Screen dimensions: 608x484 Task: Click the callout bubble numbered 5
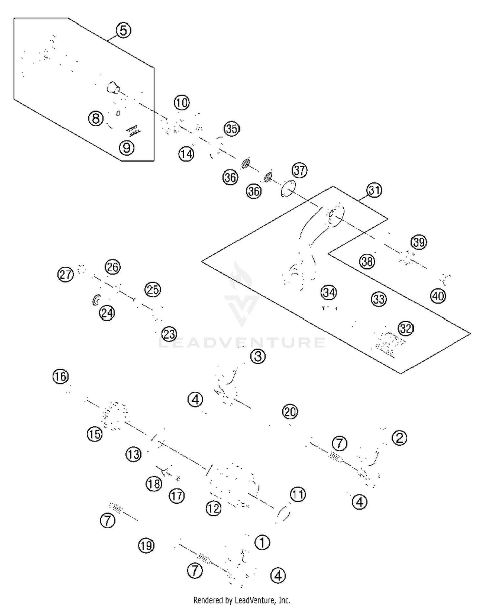click(123, 31)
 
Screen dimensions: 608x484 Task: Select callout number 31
click(374, 190)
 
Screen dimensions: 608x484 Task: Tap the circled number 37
click(299, 170)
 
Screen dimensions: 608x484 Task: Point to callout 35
click(232, 129)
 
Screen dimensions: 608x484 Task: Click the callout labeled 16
click(60, 376)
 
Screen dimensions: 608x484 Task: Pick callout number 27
click(66, 275)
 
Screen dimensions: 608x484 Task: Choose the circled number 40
click(438, 296)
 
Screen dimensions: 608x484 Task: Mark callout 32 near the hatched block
click(406, 329)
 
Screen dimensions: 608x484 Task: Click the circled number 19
click(146, 546)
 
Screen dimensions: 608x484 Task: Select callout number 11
click(298, 494)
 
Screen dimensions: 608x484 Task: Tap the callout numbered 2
click(399, 438)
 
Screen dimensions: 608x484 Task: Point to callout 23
click(169, 334)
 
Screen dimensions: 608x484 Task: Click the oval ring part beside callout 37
click(288, 188)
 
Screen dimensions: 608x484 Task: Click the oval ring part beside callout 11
click(283, 513)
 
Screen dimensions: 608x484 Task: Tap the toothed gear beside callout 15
click(115, 416)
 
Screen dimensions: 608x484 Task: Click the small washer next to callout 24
click(96, 300)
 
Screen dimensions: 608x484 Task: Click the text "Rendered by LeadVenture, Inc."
click(242, 600)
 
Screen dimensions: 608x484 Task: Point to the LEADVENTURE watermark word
click(242, 343)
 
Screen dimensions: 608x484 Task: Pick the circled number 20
click(290, 412)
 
